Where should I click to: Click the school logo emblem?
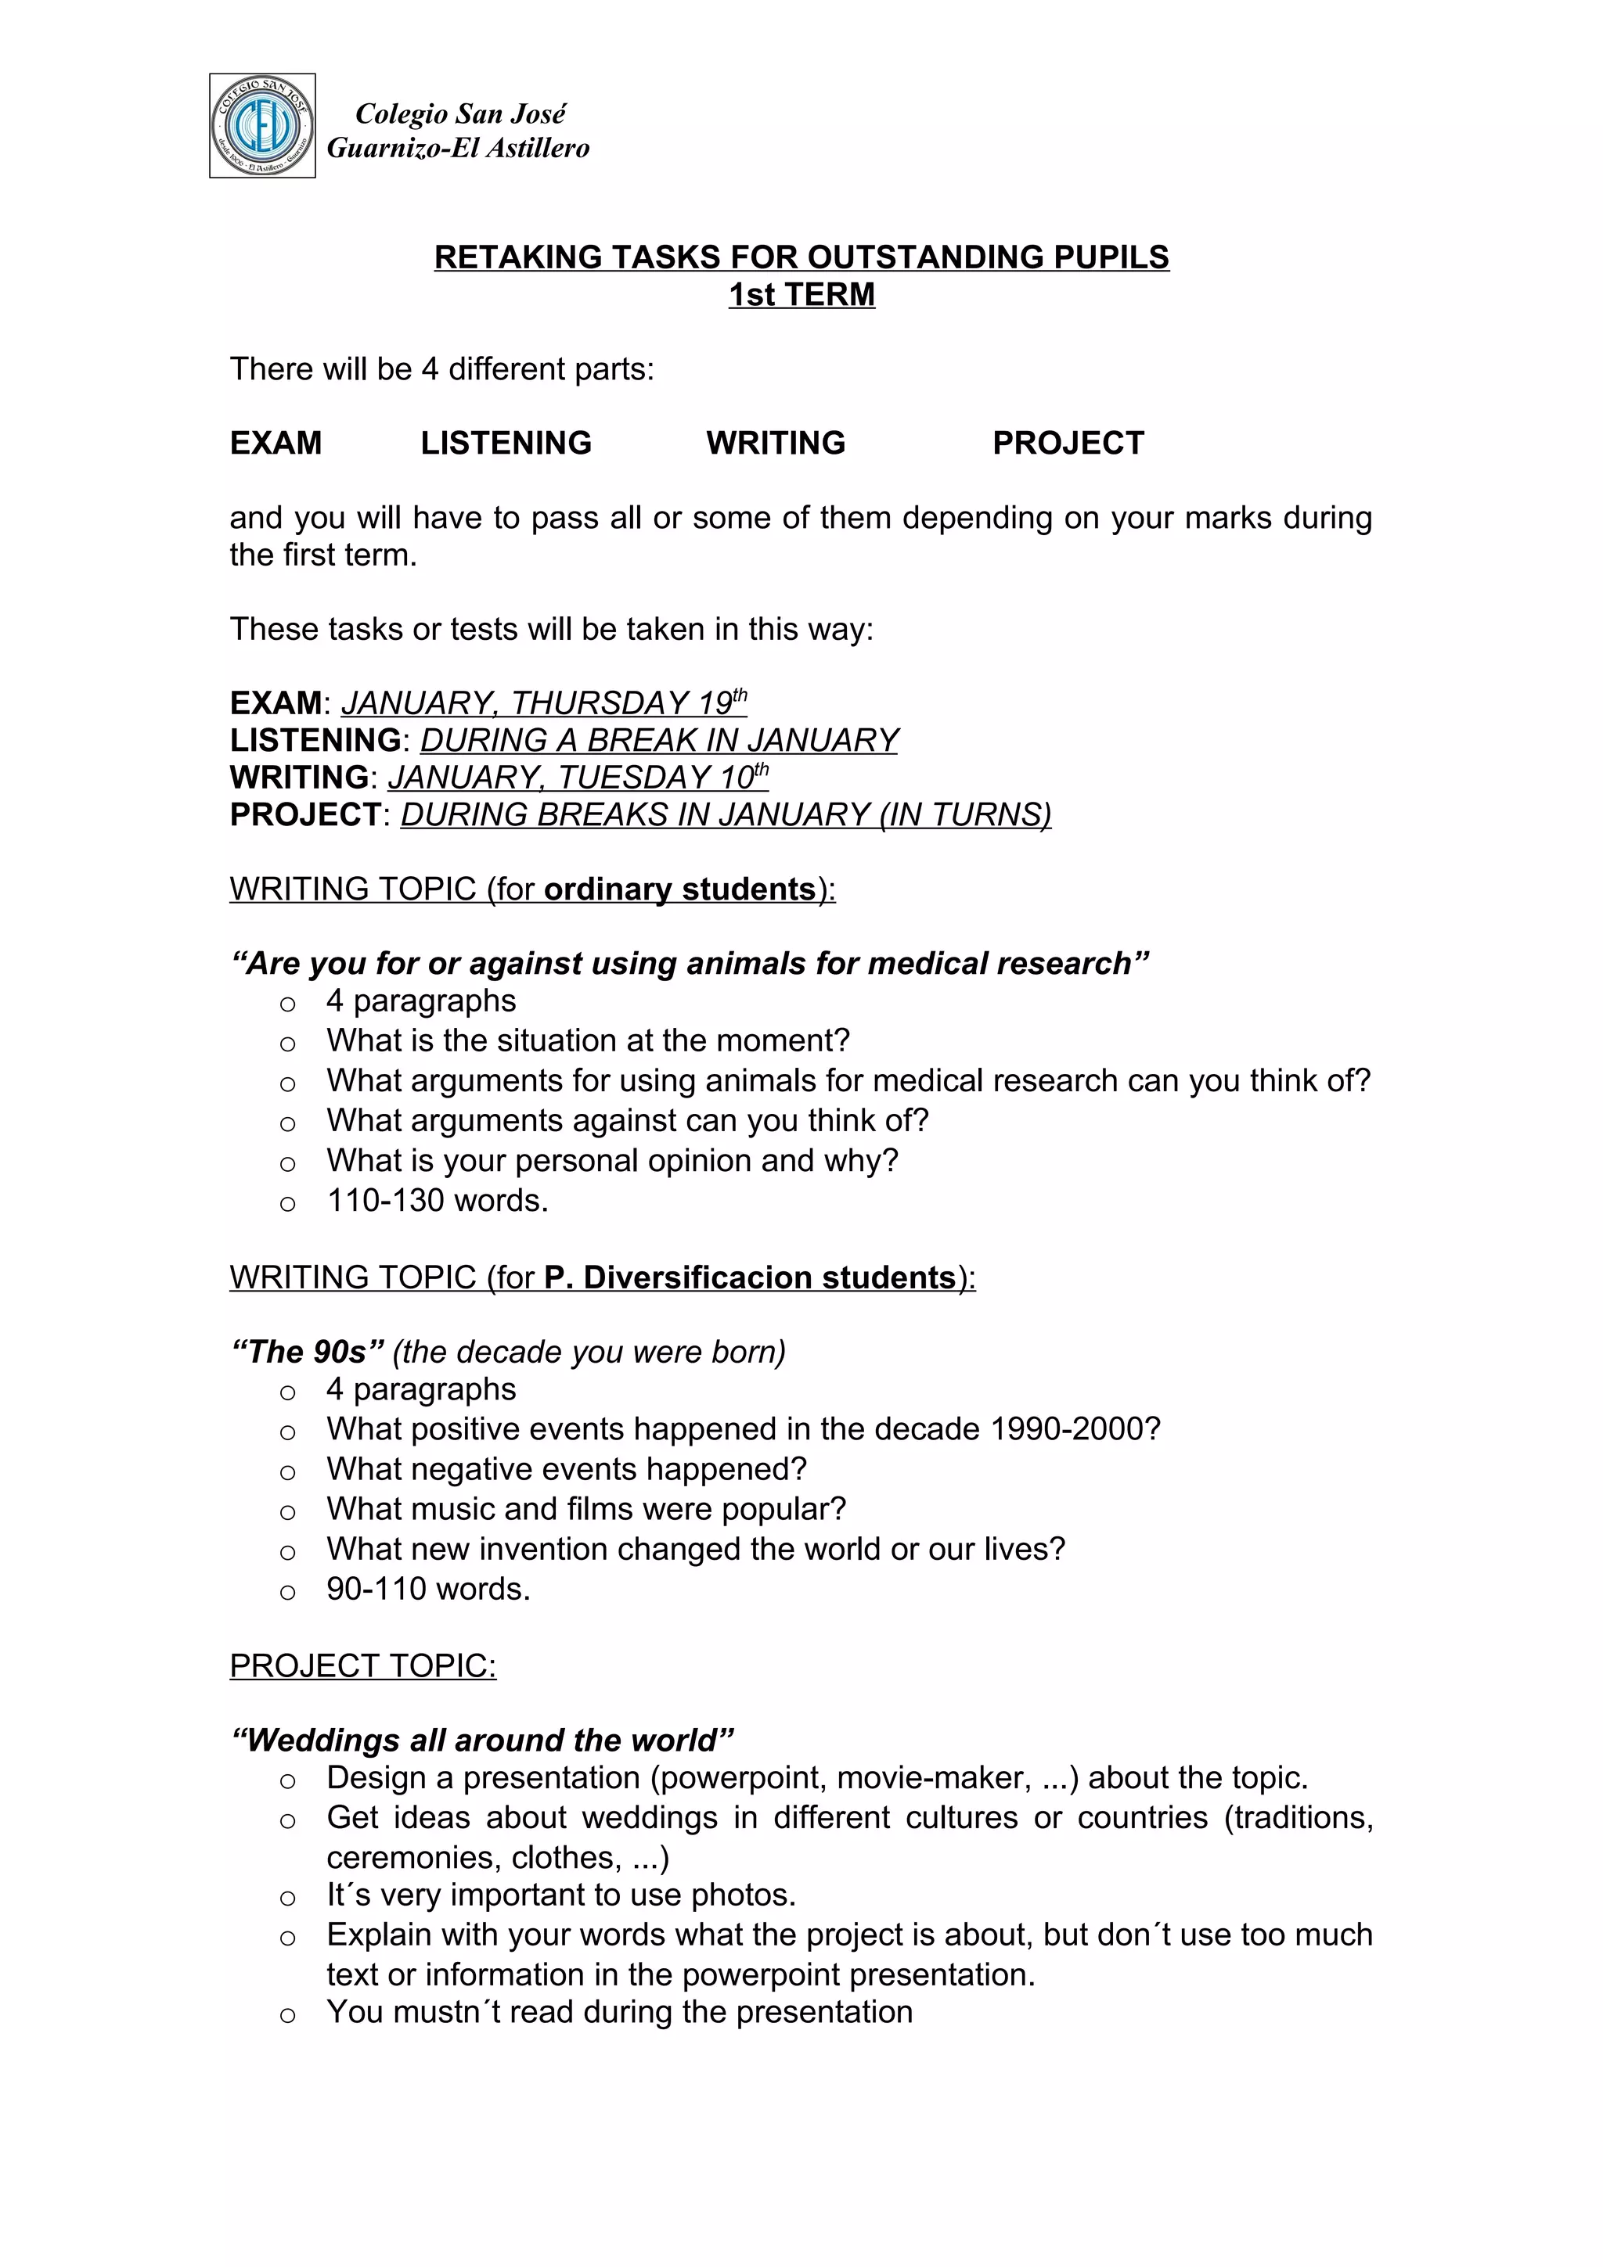point(261,125)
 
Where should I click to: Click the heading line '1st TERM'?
point(801,294)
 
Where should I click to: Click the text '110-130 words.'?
point(438,1201)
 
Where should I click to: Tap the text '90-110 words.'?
point(429,1589)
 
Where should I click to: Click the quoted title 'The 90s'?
point(307,1352)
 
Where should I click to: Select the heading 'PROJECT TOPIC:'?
point(362,1665)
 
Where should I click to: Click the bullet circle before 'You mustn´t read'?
point(287,2015)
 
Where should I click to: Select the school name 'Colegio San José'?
point(460,113)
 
